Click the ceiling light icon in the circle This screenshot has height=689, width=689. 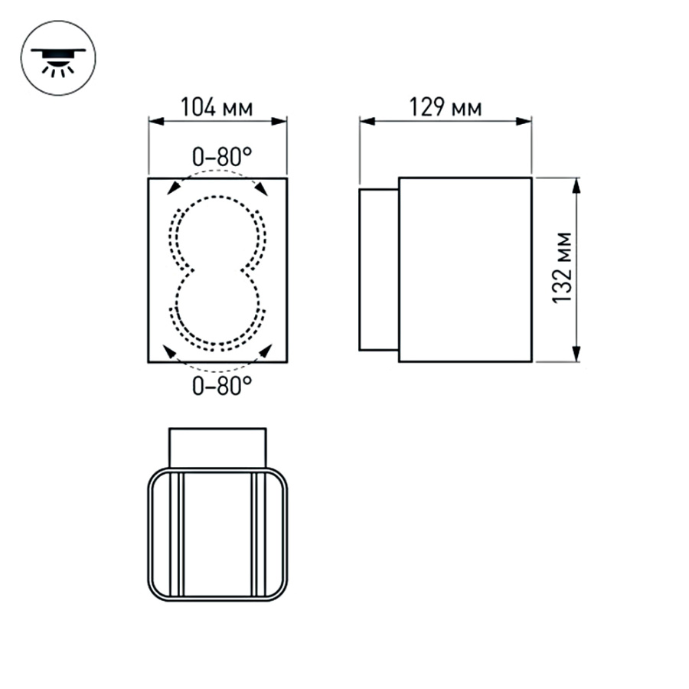[x=58, y=58]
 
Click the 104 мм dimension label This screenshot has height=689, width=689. [x=217, y=107]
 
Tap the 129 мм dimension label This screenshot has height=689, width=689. [x=446, y=107]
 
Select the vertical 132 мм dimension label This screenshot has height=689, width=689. [x=564, y=268]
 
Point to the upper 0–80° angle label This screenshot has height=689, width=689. [x=221, y=157]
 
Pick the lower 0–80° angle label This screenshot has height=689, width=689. [x=221, y=385]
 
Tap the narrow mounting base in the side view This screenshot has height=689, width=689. [x=379, y=269]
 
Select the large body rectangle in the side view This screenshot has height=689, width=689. [x=465, y=269]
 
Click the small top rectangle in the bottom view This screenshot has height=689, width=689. [x=217, y=447]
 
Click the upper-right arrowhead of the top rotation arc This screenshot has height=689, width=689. [x=262, y=188]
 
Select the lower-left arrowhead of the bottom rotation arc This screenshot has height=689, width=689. [x=168, y=351]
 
